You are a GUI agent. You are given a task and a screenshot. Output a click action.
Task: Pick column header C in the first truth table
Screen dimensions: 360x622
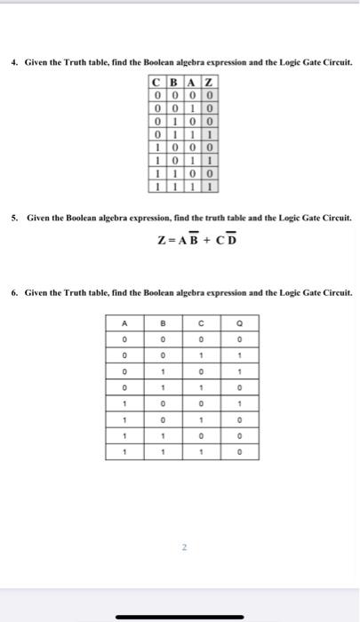(156, 84)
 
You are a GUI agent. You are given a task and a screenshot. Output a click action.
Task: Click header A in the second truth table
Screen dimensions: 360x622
(125, 323)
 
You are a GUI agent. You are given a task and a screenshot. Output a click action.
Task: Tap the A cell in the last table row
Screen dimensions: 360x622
(125, 451)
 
